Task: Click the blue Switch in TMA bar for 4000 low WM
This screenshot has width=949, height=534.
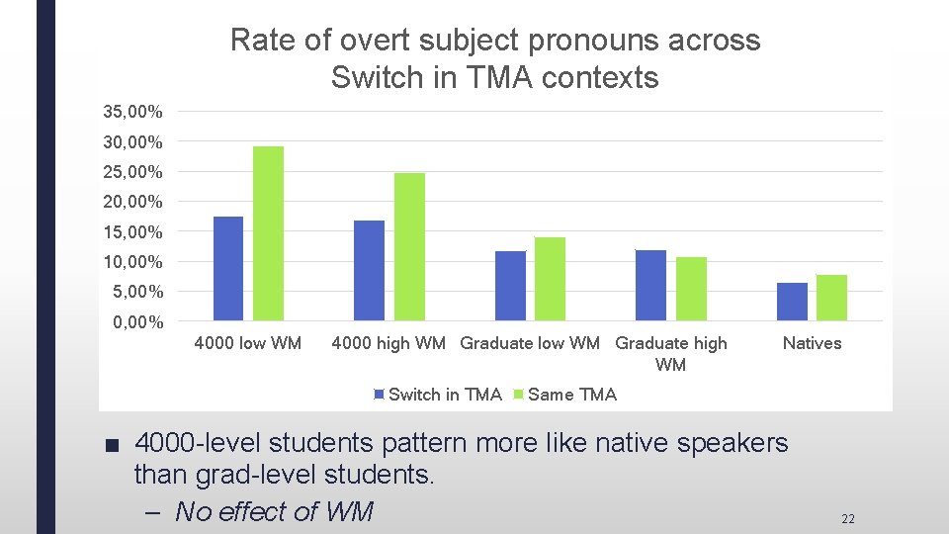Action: [228, 268]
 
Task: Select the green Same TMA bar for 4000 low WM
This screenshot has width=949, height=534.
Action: [268, 233]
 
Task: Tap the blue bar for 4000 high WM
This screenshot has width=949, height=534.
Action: [370, 270]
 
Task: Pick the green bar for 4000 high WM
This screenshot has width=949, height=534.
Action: [409, 246]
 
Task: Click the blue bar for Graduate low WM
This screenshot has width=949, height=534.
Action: [510, 286]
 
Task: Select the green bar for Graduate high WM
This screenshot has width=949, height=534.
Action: [691, 289]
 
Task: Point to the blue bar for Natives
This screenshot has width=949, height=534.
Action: [792, 302]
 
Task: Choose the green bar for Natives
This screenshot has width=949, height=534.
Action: [831, 298]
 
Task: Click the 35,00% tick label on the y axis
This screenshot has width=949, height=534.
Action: [133, 113]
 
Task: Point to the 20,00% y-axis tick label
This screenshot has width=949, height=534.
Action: [133, 202]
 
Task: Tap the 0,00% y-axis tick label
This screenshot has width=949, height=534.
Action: [133, 322]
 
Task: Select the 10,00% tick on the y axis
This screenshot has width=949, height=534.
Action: [133, 262]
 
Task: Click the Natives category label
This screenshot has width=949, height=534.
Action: [812, 343]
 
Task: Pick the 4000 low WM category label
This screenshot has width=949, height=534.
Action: [248, 343]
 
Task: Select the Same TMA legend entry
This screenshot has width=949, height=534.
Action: [571, 395]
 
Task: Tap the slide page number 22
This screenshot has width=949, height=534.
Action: [847, 519]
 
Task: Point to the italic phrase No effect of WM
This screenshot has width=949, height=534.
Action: [274, 511]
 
